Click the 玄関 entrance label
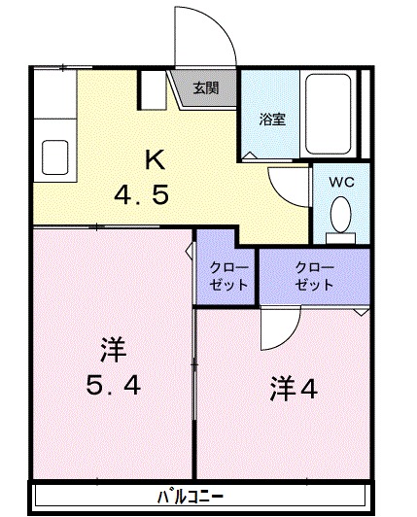(x=205, y=88)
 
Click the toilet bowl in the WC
(x=340, y=213)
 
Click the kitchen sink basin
(x=53, y=154)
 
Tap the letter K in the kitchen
(x=153, y=159)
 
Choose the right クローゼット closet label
(x=314, y=276)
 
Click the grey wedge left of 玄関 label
(x=182, y=90)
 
